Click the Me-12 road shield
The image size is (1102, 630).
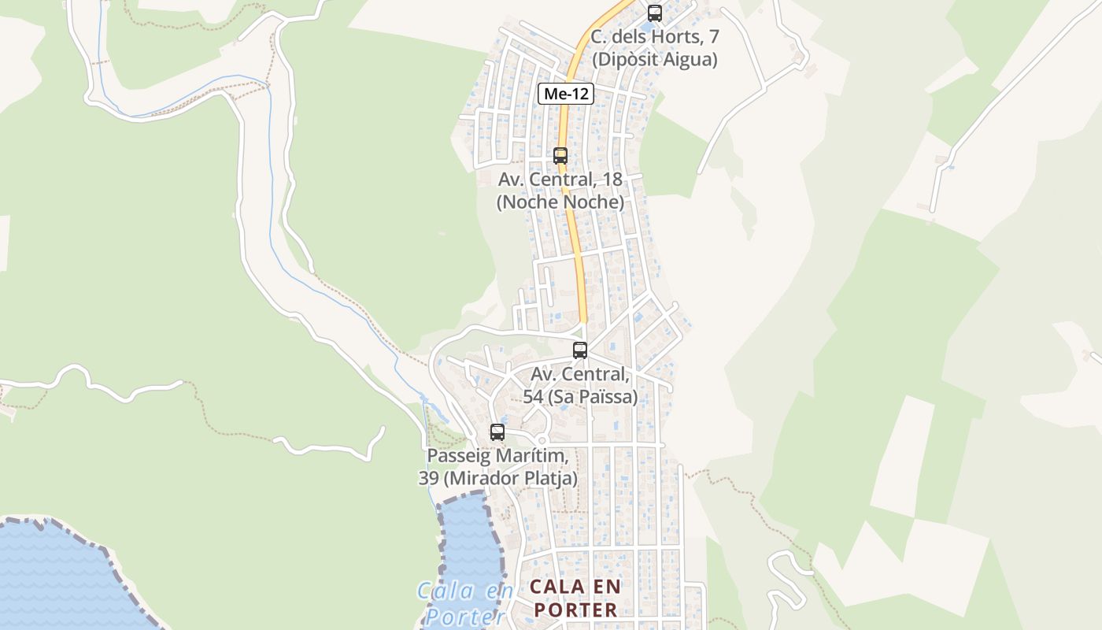click(x=566, y=94)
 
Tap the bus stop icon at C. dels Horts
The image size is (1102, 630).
click(x=654, y=13)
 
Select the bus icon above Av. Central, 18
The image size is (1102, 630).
click(x=560, y=155)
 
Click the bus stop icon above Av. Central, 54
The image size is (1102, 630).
click(x=579, y=350)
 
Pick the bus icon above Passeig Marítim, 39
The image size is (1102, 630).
click(x=497, y=432)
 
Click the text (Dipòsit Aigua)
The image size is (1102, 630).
click(x=654, y=59)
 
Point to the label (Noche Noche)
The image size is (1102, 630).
click(x=560, y=202)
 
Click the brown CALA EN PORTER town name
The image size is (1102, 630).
click(x=575, y=598)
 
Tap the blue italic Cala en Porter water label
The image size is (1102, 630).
click(x=464, y=602)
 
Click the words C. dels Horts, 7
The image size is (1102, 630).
click(x=654, y=37)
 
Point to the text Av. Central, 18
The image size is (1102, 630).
click(x=560, y=180)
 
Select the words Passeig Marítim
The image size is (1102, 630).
click(x=497, y=456)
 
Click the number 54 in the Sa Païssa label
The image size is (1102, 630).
click(x=533, y=397)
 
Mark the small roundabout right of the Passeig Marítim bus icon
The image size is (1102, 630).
click(x=541, y=439)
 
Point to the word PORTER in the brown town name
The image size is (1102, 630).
click(x=575, y=610)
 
